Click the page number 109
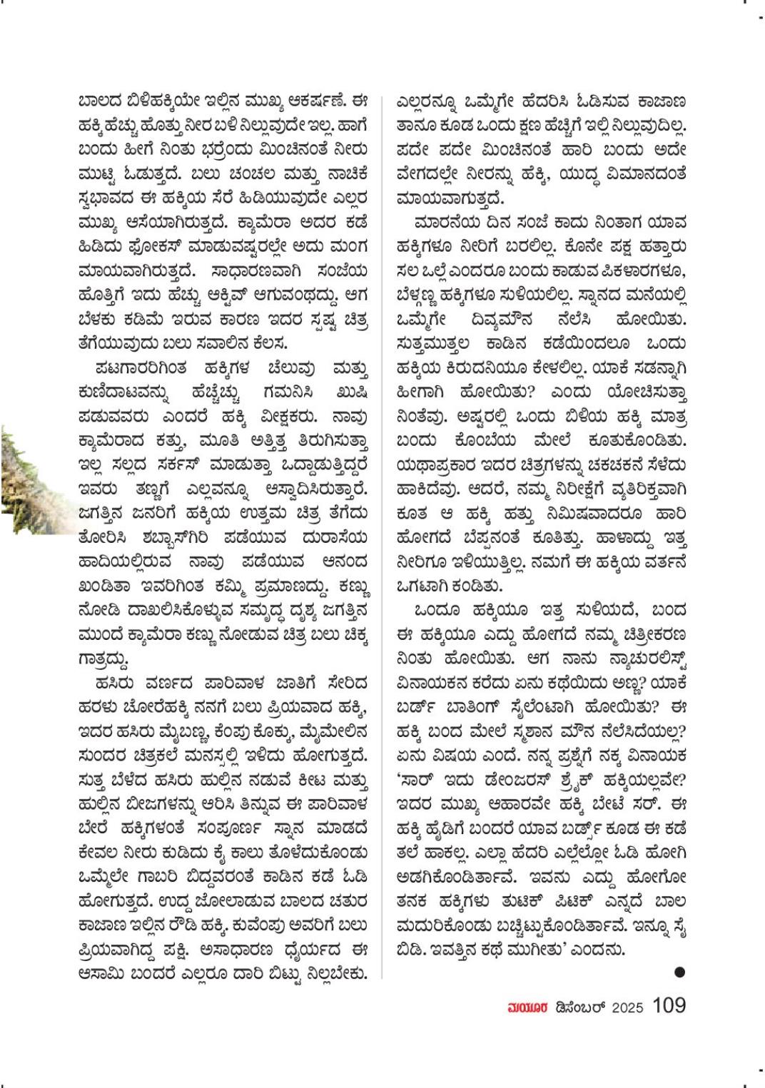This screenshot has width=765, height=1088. (668, 1005)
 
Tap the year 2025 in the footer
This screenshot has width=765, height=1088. (628, 1007)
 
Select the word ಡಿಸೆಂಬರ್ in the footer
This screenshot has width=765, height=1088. (579, 1007)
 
